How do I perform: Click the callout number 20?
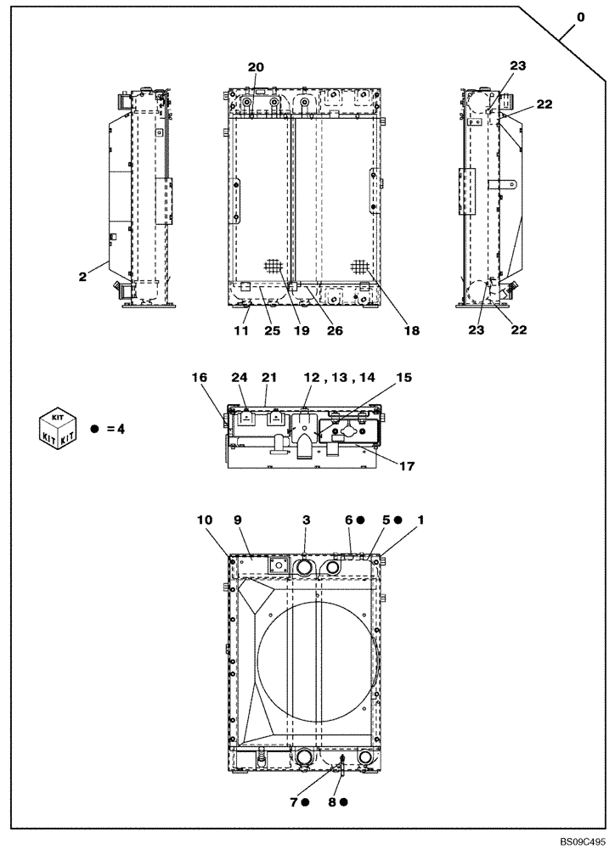click(256, 67)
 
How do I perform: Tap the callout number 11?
click(241, 331)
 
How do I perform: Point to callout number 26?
click(335, 331)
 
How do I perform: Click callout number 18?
click(411, 331)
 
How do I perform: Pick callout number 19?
click(301, 331)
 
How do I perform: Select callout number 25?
click(271, 331)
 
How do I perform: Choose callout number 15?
click(403, 377)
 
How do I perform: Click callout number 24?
click(241, 377)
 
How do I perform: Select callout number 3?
click(305, 519)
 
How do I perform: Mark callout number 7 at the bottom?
click(295, 801)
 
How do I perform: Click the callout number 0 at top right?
click(580, 16)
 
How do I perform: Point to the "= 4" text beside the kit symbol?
click(114, 429)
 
